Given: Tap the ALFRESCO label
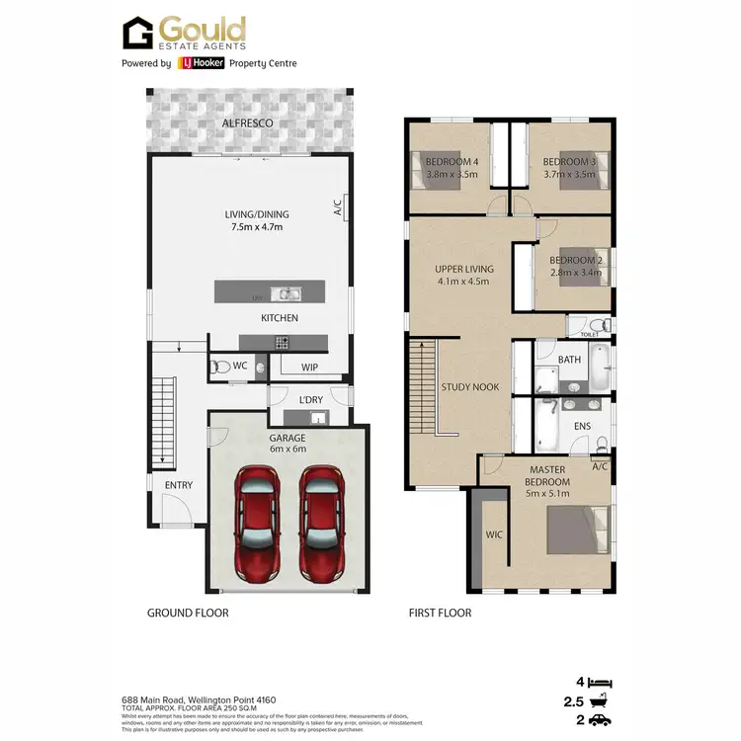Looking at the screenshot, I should [248, 123].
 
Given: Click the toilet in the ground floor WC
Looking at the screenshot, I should [223, 367].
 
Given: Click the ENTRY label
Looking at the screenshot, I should [179, 485].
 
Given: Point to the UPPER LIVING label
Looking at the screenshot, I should [464, 269].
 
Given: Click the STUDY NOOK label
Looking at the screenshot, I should [470, 388].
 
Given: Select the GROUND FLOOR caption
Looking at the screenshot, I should [188, 613].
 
